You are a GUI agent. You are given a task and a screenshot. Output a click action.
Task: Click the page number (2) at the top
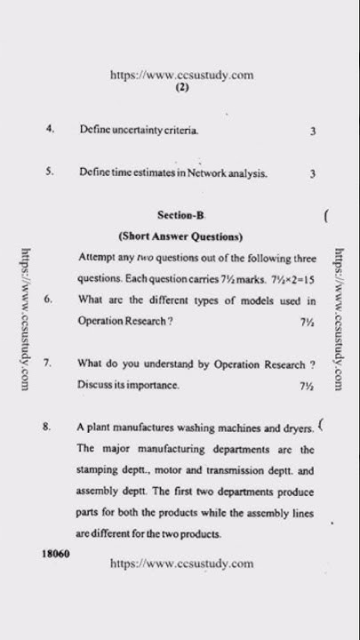(181, 89)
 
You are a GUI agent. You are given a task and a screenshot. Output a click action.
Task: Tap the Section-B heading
(180, 215)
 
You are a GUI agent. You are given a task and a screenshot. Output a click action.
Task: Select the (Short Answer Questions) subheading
(180, 236)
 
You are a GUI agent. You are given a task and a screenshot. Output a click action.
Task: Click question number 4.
(51, 130)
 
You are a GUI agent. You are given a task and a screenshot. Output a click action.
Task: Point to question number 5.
(51, 173)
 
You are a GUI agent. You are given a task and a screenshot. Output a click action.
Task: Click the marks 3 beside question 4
(313, 132)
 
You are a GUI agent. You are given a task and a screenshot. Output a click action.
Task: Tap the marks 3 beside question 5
(313, 174)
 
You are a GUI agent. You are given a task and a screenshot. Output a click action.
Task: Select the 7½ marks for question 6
(308, 322)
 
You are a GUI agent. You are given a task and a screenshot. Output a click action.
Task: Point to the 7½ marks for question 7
(308, 386)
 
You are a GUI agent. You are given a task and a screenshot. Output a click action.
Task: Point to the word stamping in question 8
(98, 470)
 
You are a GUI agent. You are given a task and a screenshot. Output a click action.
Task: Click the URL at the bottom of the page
(181, 564)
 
